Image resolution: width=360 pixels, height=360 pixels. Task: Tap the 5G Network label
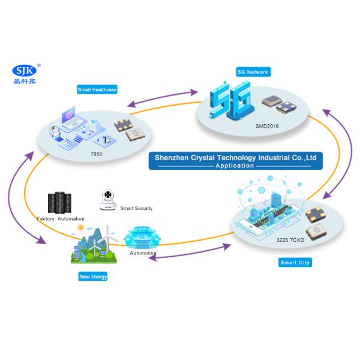coord(254,71)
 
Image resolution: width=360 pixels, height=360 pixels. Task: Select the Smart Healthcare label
coord(97,89)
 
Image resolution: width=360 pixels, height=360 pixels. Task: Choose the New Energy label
coord(93,277)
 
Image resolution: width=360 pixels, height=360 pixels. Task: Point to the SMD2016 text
coord(268,127)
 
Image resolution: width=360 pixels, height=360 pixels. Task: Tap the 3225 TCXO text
coord(291,240)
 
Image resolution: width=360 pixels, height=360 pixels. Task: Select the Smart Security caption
coord(136,208)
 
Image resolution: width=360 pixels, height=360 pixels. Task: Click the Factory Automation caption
coord(61,219)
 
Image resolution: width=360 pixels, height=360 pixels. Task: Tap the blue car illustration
coord(143,236)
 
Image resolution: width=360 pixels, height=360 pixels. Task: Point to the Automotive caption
coord(143,253)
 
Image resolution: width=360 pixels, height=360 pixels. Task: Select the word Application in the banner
coord(235,165)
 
